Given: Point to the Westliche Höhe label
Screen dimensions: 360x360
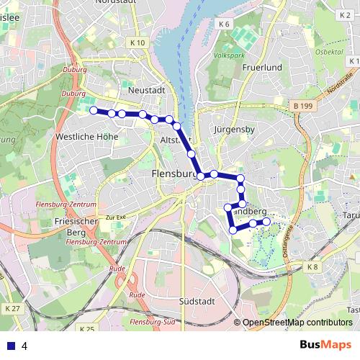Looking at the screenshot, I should [x=86, y=135].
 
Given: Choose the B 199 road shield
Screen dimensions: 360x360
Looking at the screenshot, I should [x=304, y=107].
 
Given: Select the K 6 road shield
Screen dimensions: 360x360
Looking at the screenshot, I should [x=224, y=25].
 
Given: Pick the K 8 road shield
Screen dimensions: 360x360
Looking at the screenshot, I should [x=312, y=267].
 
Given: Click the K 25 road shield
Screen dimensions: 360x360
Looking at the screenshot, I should [x=86, y=329].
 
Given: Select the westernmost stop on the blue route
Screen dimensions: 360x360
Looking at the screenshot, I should [x=93, y=110].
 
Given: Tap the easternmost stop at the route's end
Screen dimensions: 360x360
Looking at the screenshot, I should [x=267, y=222].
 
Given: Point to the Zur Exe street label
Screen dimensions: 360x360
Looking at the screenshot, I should [x=115, y=216].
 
